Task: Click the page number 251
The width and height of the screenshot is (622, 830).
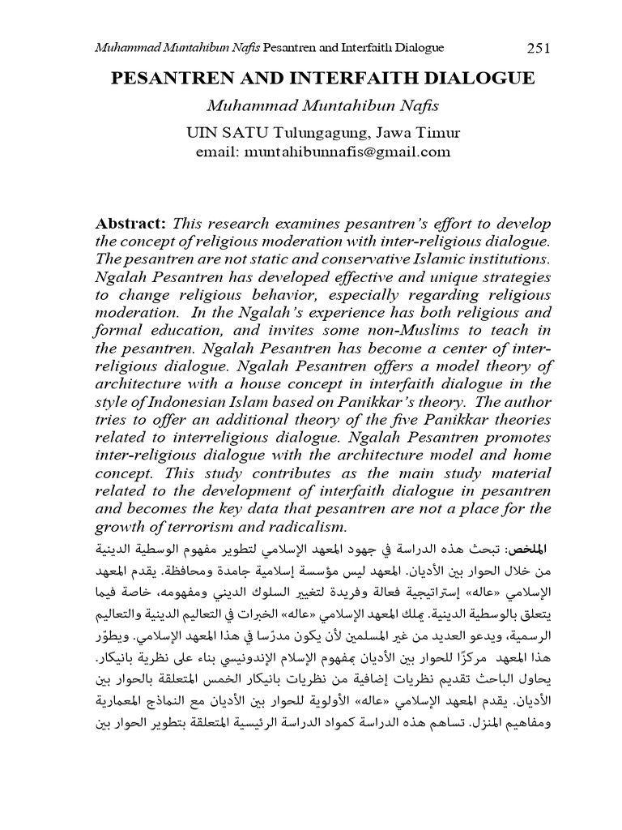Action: click(539, 48)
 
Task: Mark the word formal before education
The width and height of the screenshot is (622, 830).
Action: click(119, 331)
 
